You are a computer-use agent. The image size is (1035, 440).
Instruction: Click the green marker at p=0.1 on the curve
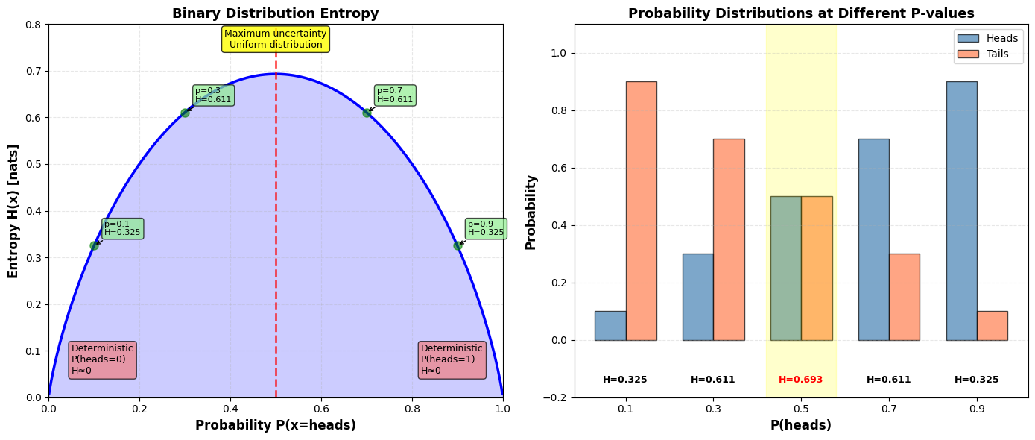coord(94,245)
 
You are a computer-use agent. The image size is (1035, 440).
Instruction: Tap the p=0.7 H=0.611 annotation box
coord(394,95)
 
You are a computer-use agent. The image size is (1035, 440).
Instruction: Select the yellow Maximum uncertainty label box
coord(276,39)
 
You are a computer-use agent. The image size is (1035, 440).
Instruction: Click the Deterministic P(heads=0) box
coord(102,359)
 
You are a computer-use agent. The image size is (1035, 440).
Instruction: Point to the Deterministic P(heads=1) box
coord(452,359)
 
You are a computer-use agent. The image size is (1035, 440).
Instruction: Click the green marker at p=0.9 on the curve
coord(458,245)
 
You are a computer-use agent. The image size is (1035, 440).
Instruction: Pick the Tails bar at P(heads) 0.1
coord(641,211)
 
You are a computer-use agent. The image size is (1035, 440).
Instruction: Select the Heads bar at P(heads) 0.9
coord(961,211)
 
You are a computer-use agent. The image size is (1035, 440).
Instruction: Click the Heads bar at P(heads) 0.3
coord(697,297)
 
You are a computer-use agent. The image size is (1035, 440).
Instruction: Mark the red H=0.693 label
coord(801,380)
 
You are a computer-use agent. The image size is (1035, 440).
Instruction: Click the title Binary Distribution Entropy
coord(276,13)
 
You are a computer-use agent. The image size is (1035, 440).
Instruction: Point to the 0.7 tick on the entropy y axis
coord(34,71)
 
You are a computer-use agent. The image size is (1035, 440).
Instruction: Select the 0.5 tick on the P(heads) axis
coord(801,409)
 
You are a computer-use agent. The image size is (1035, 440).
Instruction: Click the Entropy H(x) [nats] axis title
coord(13,211)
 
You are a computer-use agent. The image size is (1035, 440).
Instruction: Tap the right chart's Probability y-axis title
coord(531,212)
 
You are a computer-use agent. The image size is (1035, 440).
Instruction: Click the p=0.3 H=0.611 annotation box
coord(213,95)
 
